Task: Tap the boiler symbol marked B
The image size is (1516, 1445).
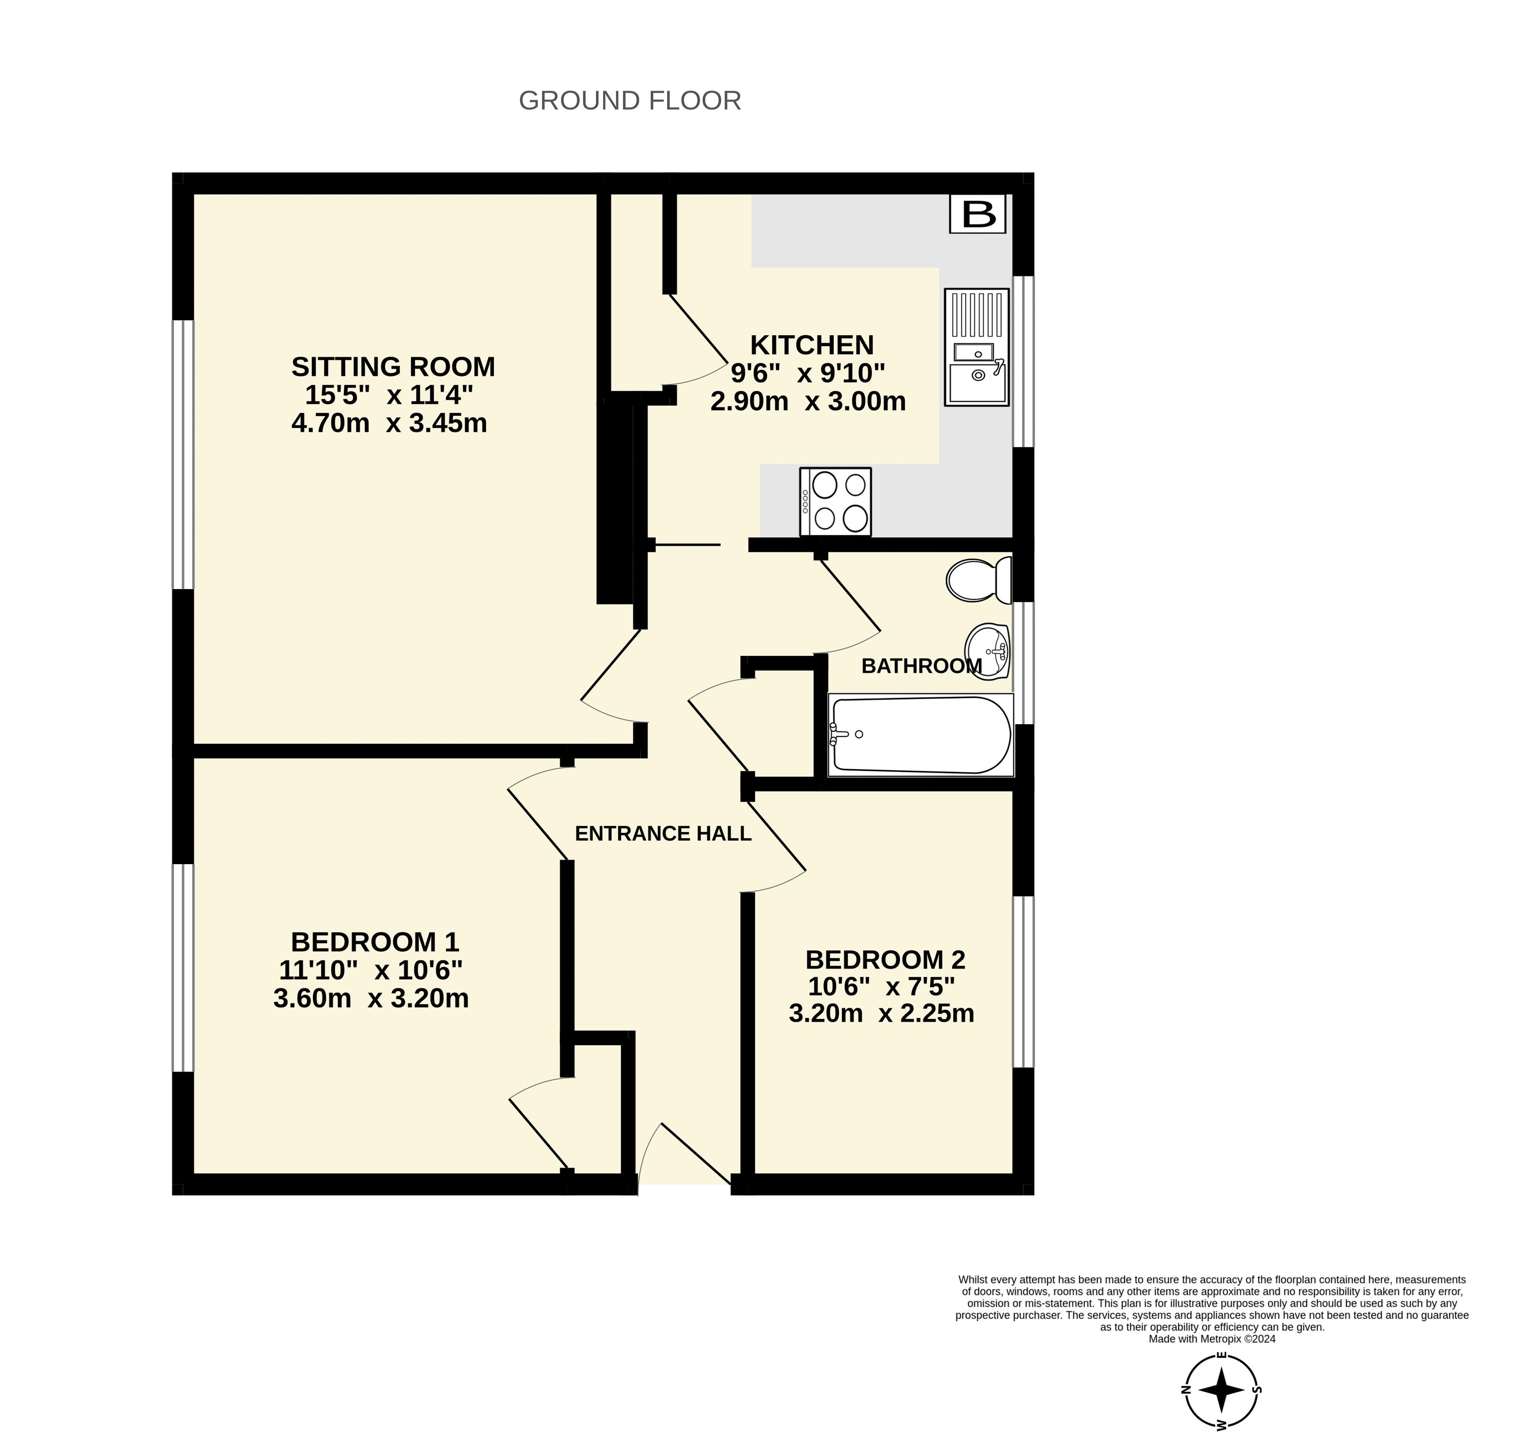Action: click(x=978, y=214)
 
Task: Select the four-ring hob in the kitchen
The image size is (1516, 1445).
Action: click(x=835, y=502)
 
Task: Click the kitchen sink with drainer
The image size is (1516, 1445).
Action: click(x=976, y=347)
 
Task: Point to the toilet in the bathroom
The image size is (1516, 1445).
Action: click(x=979, y=580)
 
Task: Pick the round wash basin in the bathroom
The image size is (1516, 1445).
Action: click(x=988, y=651)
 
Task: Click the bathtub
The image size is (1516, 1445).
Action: click(x=921, y=735)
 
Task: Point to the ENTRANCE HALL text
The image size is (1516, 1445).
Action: click(x=663, y=833)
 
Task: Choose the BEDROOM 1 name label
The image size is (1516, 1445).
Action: click(x=375, y=942)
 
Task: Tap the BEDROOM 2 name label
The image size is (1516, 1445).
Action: click(x=885, y=960)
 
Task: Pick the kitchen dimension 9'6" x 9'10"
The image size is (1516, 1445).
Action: click(x=808, y=373)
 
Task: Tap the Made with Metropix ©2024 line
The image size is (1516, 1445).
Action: click(x=1212, y=1339)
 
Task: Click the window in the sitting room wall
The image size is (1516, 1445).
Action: click(x=183, y=454)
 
